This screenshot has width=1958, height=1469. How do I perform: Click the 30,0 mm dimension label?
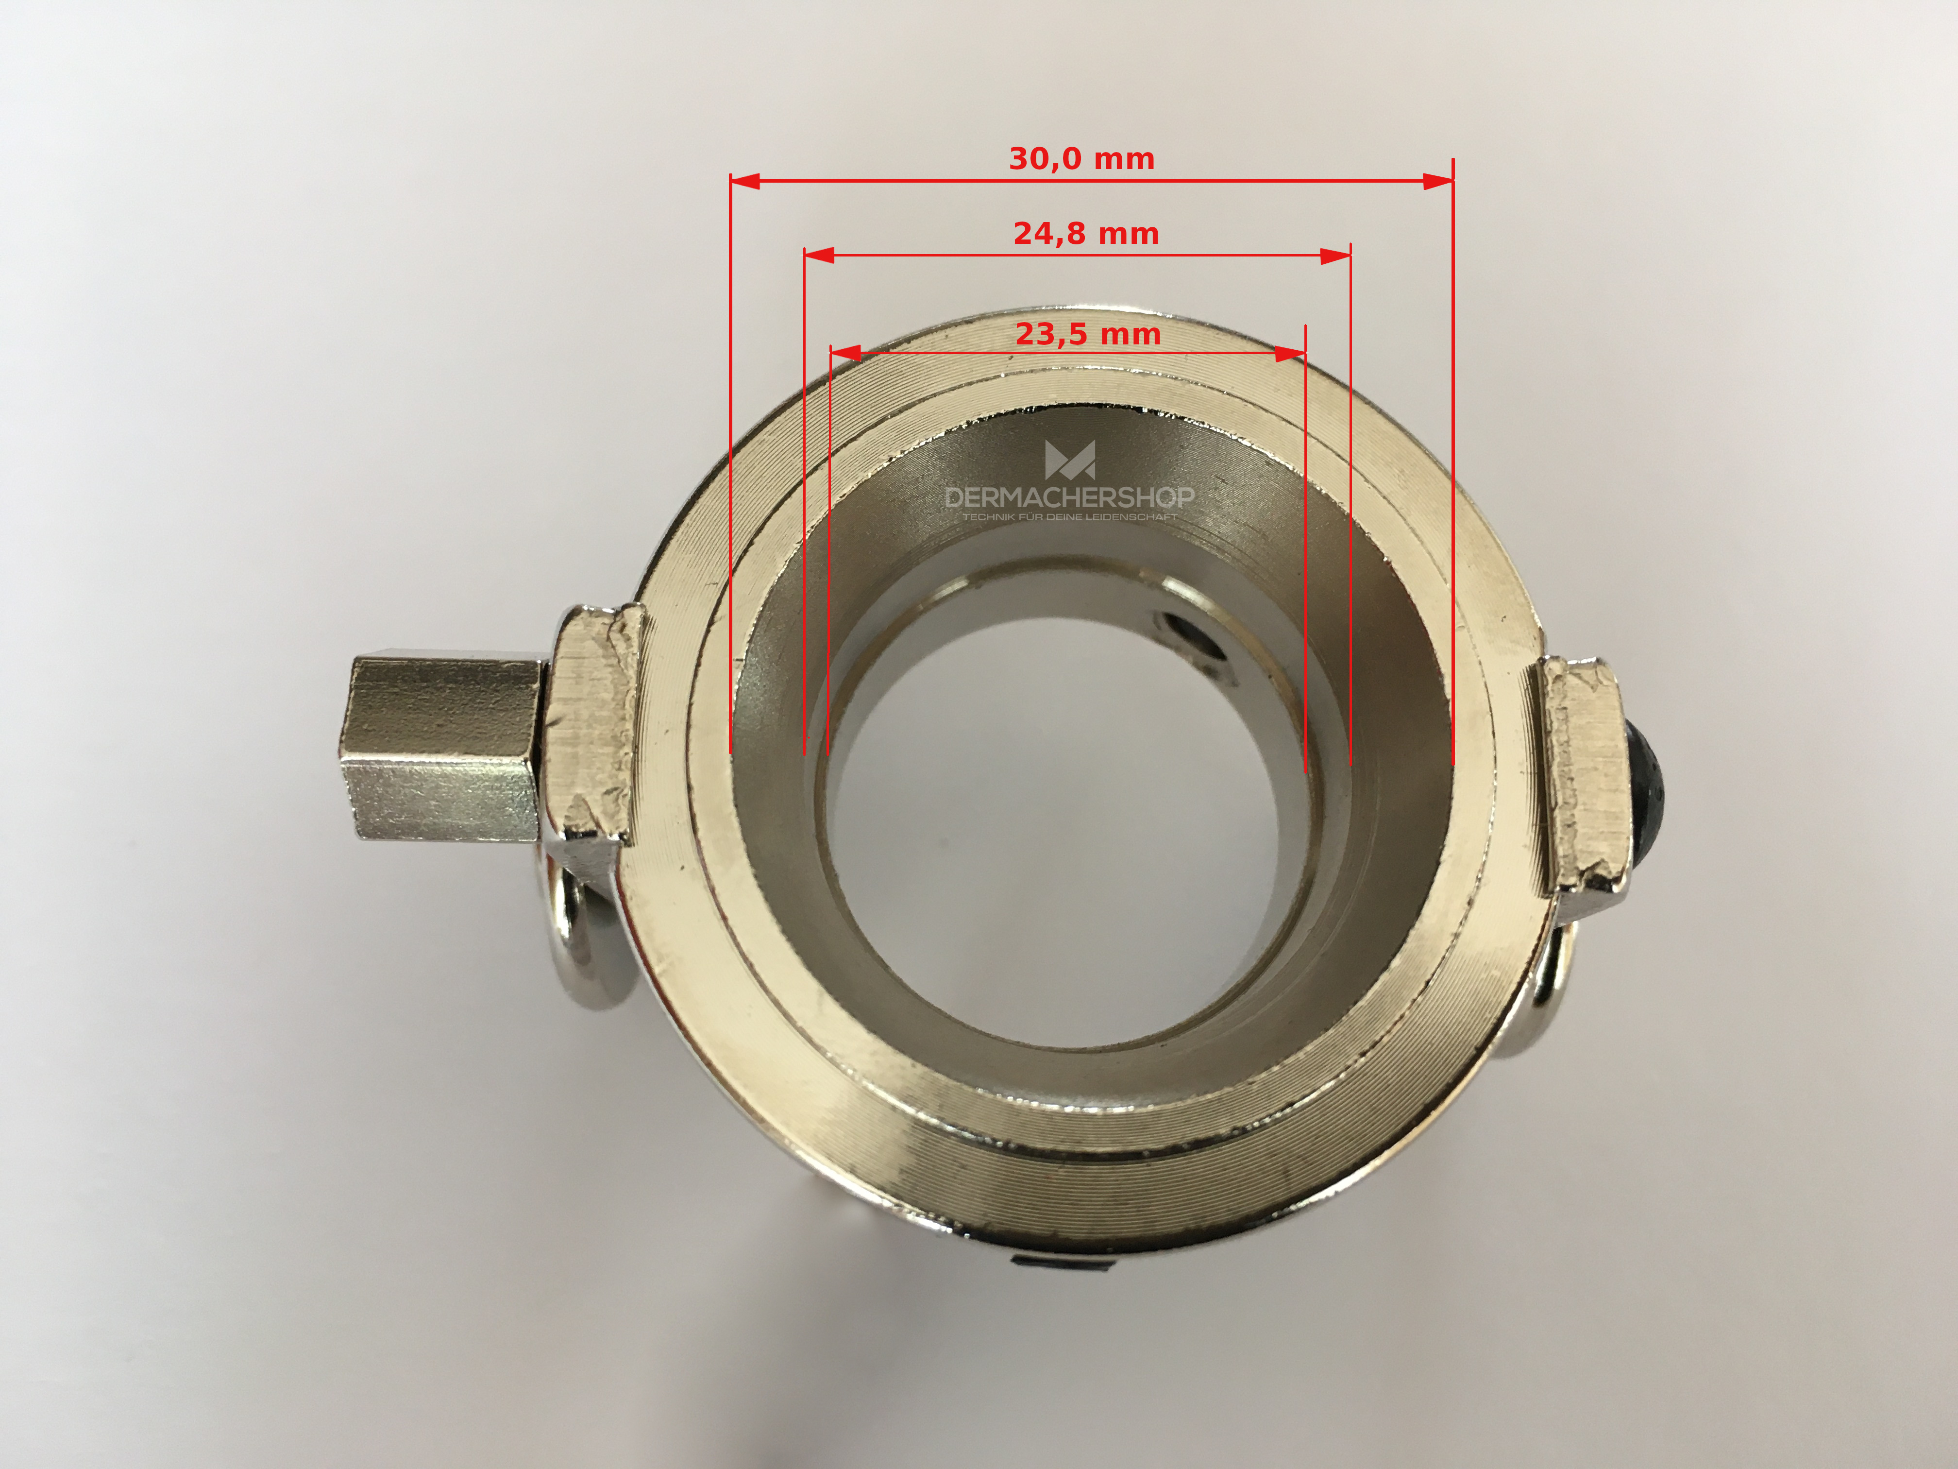1081,159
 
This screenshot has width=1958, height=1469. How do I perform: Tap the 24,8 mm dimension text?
1086,234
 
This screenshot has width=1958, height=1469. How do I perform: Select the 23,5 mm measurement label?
1088,335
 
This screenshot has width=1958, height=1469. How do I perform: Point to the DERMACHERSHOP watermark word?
1069,497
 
